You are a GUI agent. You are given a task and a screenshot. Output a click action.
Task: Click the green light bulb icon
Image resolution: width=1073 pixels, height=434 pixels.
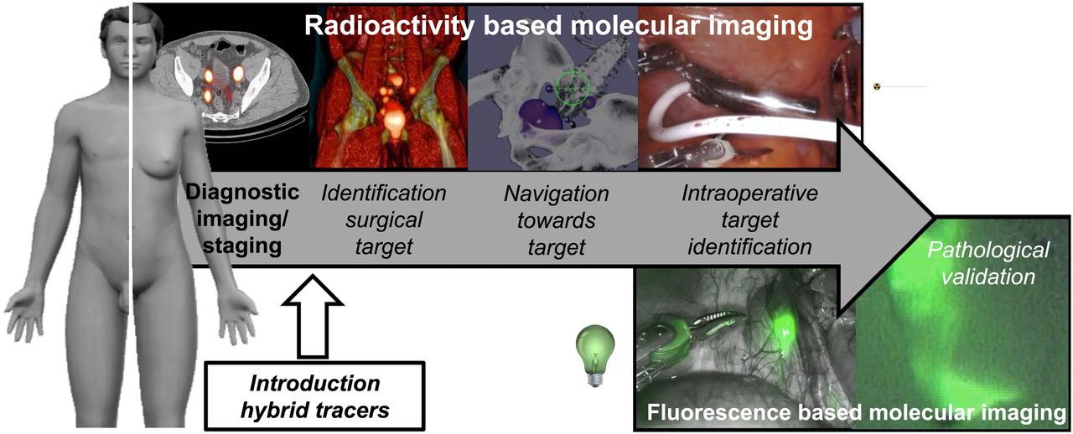[x=595, y=355]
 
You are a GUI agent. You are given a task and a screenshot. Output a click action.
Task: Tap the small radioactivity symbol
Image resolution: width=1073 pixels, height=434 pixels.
[x=877, y=86]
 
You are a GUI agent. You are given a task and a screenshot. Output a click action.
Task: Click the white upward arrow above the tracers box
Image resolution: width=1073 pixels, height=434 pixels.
[x=313, y=317]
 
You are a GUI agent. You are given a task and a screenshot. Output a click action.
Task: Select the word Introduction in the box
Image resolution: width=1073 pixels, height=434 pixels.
[x=314, y=383]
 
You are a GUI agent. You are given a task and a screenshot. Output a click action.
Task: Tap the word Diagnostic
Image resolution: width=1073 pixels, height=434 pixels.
[x=242, y=192]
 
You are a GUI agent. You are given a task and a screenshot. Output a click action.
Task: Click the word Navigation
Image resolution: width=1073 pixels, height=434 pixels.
[x=557, y=194]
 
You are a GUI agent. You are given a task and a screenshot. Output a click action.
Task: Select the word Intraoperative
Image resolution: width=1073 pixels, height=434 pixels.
[x=749, y=193]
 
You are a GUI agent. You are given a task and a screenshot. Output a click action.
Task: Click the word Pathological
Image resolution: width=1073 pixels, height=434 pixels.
[x=988, y=250]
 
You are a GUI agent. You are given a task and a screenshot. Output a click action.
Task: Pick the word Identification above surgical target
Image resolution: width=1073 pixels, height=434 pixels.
[x=384, y=193]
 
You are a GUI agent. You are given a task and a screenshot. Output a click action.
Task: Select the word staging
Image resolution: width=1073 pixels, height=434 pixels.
[x=242, y=246]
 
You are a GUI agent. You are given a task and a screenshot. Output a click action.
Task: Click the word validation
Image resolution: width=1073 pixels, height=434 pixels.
[x=988, y=276]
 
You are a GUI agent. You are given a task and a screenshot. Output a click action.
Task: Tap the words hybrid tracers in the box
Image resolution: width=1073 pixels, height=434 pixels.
[x=314, y=410]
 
